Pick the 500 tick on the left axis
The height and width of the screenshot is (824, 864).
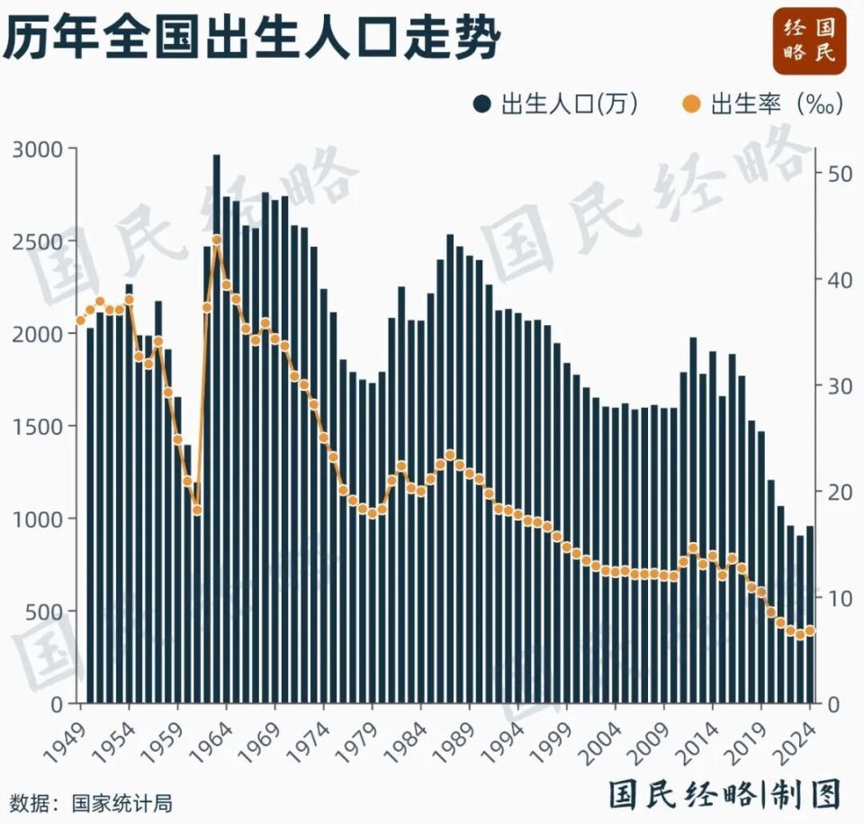click(46, 611)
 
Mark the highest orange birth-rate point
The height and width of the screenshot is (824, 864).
click(217, 240)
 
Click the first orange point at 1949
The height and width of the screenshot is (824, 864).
click(81, 321)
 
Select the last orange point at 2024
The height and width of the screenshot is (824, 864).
click(810, 631)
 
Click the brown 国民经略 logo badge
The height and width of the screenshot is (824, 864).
click(810, 41)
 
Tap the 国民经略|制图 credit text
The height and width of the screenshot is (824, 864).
click(724, 793)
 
